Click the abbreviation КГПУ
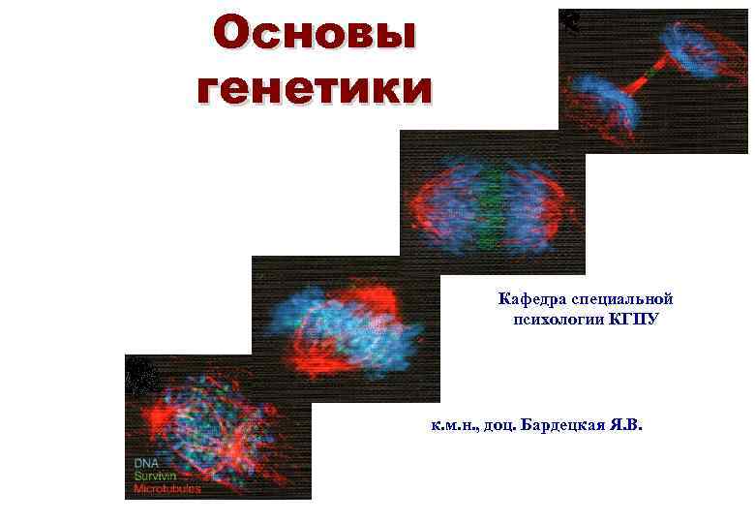pos(634,319)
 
